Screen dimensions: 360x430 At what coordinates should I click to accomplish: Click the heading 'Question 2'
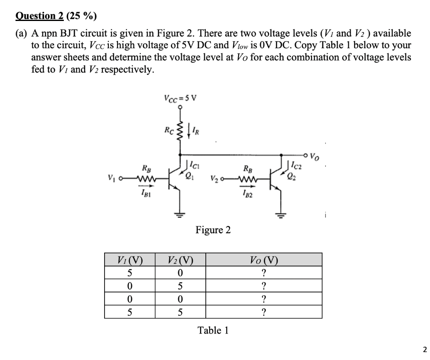point(39,16)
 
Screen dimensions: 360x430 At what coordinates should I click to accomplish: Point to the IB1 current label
point(145,193)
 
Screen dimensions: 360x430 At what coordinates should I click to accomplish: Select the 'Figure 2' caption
point(213,230)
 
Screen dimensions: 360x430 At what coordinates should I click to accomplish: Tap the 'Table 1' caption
point(213,331)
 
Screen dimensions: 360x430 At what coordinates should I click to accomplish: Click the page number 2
point(425,350)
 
